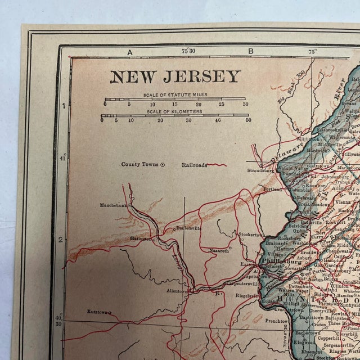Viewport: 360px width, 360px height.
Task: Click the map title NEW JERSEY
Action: [x=175, y=76]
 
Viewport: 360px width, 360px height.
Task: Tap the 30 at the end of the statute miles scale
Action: [x=245, y=104]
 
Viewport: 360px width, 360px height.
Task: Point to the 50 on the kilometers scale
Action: [x=248, y=119]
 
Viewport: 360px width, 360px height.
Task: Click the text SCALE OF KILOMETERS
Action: [x=175, y=111]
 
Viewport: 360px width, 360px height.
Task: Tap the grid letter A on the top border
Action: [x=130, y=52]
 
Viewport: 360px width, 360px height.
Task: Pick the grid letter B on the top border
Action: [x=250, y=52]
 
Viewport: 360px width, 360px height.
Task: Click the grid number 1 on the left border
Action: [x=64, y=106]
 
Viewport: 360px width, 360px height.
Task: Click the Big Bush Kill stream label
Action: [x=289, y=92]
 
